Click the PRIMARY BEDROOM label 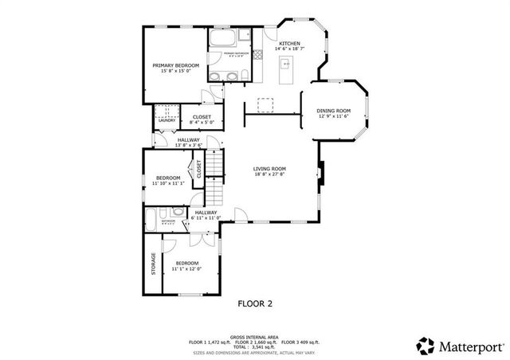[x=176, y=65]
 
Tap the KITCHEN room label [x=289, y=42]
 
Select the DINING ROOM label [x=333, y=111]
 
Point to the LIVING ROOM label [x=270, y=169]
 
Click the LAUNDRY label [x=166, y=120]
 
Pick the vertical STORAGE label [x=153, y=264]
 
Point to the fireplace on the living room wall [x=320, y=170]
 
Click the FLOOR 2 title [x=256, y=303]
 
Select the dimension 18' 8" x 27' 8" [x=270, y=175]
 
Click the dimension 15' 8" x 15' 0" [x=176, y=72]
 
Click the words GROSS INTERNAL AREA [x=255, y=336]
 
